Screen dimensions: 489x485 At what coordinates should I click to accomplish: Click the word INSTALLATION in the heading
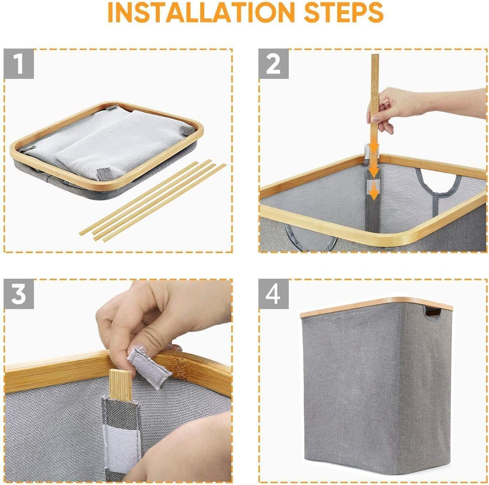click(x=201, y=12)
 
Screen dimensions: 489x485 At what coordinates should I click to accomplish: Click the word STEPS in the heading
click(x=344, y=12)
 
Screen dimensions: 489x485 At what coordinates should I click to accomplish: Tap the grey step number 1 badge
click(x=19, y=64)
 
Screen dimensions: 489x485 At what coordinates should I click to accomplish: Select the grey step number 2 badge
click(x=273, y=64)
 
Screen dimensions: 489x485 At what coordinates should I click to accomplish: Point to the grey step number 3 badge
click(x=19, y=294)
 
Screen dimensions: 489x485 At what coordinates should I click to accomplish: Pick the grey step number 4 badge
click(x=273, y=294)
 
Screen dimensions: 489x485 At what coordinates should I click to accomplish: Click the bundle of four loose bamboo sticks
click(x=153, y=201)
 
